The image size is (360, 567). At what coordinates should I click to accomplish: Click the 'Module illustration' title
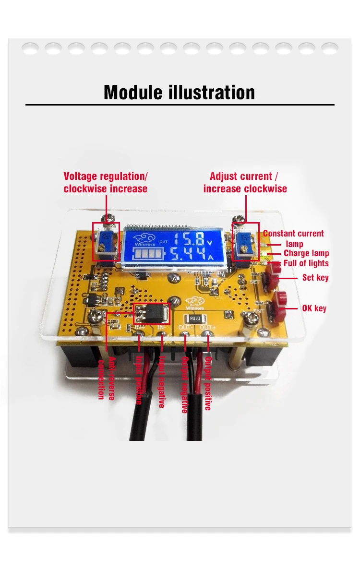[x=179, y=92]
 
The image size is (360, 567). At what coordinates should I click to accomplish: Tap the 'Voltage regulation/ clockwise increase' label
[x=106, y=182]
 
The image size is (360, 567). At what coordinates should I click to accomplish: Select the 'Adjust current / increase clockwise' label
[x=245, y=182]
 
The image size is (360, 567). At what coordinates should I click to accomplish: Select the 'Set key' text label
[x=315, y=277]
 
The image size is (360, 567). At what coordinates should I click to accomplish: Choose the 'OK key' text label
[x=314, y=308]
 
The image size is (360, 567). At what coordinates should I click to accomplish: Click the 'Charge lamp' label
[x=306, y=253]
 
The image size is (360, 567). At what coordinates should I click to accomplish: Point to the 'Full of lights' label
[x=306, y=263]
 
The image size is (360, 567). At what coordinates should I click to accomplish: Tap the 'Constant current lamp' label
[x=293, y=238]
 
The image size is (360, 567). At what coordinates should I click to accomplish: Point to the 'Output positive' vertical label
[x=208, y=383]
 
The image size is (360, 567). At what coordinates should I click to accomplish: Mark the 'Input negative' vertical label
[x=162, y=382]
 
